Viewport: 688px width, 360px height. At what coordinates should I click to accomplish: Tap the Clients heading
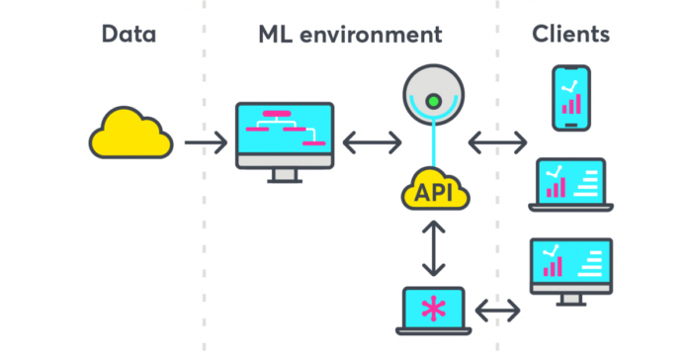click(570, 35)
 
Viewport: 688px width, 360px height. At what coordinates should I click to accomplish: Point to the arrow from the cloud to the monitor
click(206, 143)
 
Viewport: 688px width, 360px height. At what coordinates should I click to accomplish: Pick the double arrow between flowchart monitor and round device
click(372, 143)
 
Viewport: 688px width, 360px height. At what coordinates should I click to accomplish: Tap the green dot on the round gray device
click(433, 101)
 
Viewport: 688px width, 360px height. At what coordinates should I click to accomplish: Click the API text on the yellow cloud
click(435, 192)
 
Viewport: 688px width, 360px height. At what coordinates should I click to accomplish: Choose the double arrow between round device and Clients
click(497, 143)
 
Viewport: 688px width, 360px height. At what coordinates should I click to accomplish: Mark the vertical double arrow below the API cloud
click(433, 247)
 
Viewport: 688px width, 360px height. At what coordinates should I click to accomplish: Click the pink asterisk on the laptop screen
click(433, 309)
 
